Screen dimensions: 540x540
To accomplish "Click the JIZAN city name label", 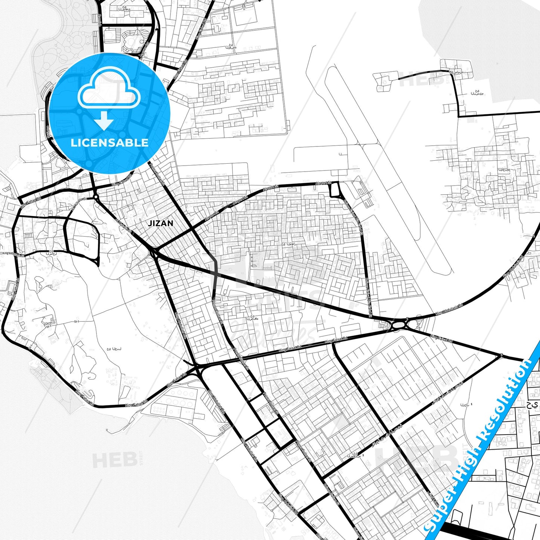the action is [161, 223].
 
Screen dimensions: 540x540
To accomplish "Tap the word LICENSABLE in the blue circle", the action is [109, 142].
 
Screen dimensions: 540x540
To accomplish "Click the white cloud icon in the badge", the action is [109, 90].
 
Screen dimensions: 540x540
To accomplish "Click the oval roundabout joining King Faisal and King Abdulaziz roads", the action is [399, 324].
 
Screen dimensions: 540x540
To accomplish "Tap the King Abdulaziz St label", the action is [13, 254].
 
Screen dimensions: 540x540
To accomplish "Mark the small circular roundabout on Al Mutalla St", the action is [96, 196].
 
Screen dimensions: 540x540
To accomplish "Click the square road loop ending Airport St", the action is [334, 189].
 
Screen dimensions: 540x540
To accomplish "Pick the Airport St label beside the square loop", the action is [323, 183].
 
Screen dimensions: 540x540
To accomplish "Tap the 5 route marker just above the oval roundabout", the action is [406, 318].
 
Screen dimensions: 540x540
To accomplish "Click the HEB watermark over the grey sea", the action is [114, 460].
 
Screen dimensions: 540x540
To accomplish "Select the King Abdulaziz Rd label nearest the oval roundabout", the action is [449, 309].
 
